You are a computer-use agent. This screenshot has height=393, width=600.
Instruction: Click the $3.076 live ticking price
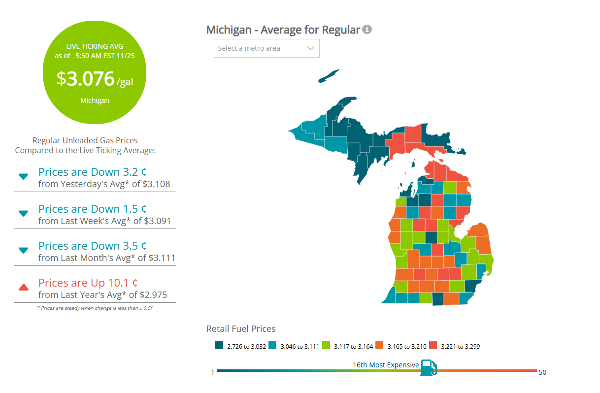(x=86, y=79)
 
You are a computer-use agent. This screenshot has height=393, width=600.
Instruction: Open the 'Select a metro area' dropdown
(x=267, y=48)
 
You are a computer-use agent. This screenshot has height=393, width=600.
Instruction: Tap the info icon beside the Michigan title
(x=367, y=30)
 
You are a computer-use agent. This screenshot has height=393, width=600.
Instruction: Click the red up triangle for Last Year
(x=23, y=287)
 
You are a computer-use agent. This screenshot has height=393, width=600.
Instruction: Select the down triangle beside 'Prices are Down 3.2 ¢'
(x=23, y=176)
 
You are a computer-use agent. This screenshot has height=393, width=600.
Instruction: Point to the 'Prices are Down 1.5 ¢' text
(x=93, y=209)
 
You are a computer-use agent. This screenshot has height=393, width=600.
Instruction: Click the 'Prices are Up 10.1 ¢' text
(x=88, y=283)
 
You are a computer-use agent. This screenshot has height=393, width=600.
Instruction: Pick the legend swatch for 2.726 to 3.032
(x=219, y=346)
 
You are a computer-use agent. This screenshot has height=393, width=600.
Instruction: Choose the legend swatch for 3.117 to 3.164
(x=326, y=346)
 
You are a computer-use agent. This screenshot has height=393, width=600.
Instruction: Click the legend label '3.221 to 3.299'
(x=460, y=346)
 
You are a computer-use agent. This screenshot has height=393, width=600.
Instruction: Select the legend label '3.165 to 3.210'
(x=407, y=346)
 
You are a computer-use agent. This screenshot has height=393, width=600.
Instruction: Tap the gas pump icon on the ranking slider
(x=428, y=367)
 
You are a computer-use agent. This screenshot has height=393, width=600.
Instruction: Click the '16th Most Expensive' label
(x=386, y=365)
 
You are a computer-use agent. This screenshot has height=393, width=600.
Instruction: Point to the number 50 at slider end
(x=542, y=372)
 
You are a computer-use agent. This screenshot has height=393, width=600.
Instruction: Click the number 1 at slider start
(x=213, y=372)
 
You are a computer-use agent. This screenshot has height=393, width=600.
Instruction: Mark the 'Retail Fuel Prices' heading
(x=241, y=328)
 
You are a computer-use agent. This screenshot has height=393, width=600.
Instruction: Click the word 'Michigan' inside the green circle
(x=95, y=100)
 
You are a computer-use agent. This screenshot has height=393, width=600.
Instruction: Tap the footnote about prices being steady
(x=95, y=308)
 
